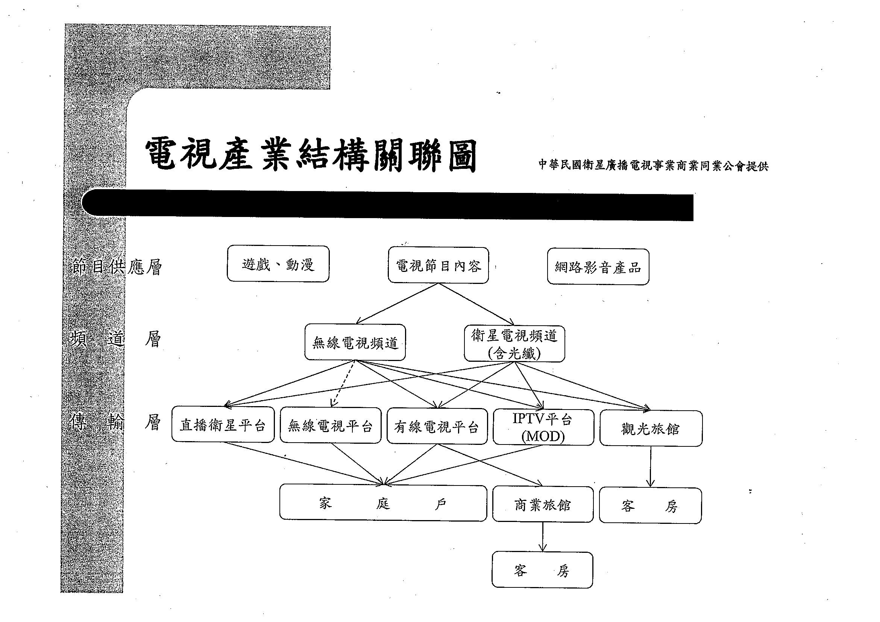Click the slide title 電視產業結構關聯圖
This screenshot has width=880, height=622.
coord(311,156)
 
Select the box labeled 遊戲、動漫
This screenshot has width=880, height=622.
coord(278,264)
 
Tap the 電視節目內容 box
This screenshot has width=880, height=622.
coord(438,265)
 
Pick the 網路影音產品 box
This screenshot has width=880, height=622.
coord(598,267)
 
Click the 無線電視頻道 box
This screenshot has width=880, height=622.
coord(355,342)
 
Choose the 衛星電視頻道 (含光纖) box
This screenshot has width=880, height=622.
coord(514,344)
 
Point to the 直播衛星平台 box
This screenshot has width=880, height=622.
coord(223,425)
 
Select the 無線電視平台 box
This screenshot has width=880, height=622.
coord(331,425)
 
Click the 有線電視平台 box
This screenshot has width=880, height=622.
coord(437,426)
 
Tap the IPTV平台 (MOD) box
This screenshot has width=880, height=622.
coord(543,427)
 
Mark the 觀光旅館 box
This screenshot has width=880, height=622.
coord(651,428)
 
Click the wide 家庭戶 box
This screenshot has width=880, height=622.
coord(383,503)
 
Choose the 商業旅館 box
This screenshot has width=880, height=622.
coord(543,504)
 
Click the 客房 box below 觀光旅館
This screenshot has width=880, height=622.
coord(651,505)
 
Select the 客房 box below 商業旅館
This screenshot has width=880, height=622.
coord(542,570)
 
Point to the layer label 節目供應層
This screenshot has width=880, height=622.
coord(116,267)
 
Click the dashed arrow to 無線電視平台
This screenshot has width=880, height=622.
coord(343,384)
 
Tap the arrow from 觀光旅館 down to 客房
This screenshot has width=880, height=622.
coord(651,467)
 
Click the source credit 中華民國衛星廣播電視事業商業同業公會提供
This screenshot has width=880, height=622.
coord(654,165)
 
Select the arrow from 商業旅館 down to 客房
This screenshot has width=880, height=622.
coord(542,537)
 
